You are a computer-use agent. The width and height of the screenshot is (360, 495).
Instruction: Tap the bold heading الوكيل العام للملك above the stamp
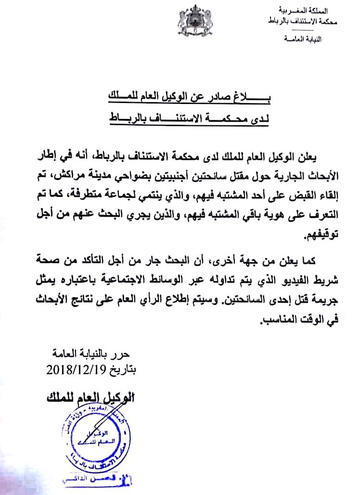click(x=92, y=397)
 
